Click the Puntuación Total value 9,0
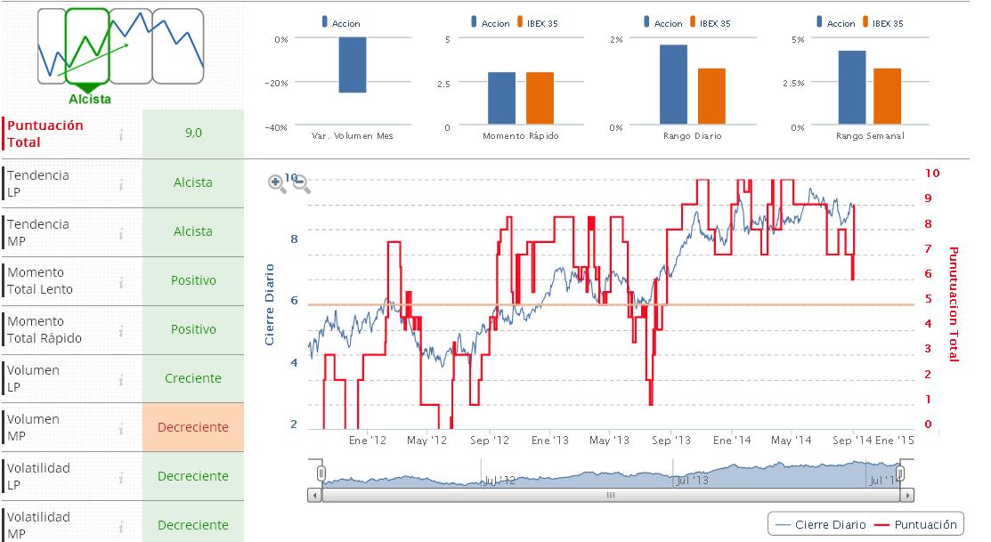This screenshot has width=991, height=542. [193, 133]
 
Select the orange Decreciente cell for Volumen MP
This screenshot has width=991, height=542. [193, 427]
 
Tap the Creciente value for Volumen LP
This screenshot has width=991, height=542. [193, 378]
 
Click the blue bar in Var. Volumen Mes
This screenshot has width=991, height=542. [353, 65]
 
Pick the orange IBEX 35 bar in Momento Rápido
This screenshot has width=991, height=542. [540, 98]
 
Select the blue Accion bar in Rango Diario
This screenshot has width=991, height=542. [673, 84]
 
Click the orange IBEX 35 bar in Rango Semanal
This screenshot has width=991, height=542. [887, 96]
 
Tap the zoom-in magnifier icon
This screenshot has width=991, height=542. [278, 183]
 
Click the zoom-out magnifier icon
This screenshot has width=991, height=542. [301, 183]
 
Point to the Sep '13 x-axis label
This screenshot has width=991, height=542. [671, 441]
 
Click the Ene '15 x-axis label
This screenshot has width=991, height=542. [894, 441]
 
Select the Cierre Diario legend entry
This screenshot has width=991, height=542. [821, 524]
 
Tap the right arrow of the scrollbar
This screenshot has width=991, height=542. [907, 495]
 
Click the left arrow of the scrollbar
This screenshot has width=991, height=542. [313, 495]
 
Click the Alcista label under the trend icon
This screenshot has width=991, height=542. [90, 99]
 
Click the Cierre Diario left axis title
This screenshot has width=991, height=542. [270, 304]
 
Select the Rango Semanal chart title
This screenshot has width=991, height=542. [870, 136]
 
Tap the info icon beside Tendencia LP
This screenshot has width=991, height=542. [120, 184]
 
